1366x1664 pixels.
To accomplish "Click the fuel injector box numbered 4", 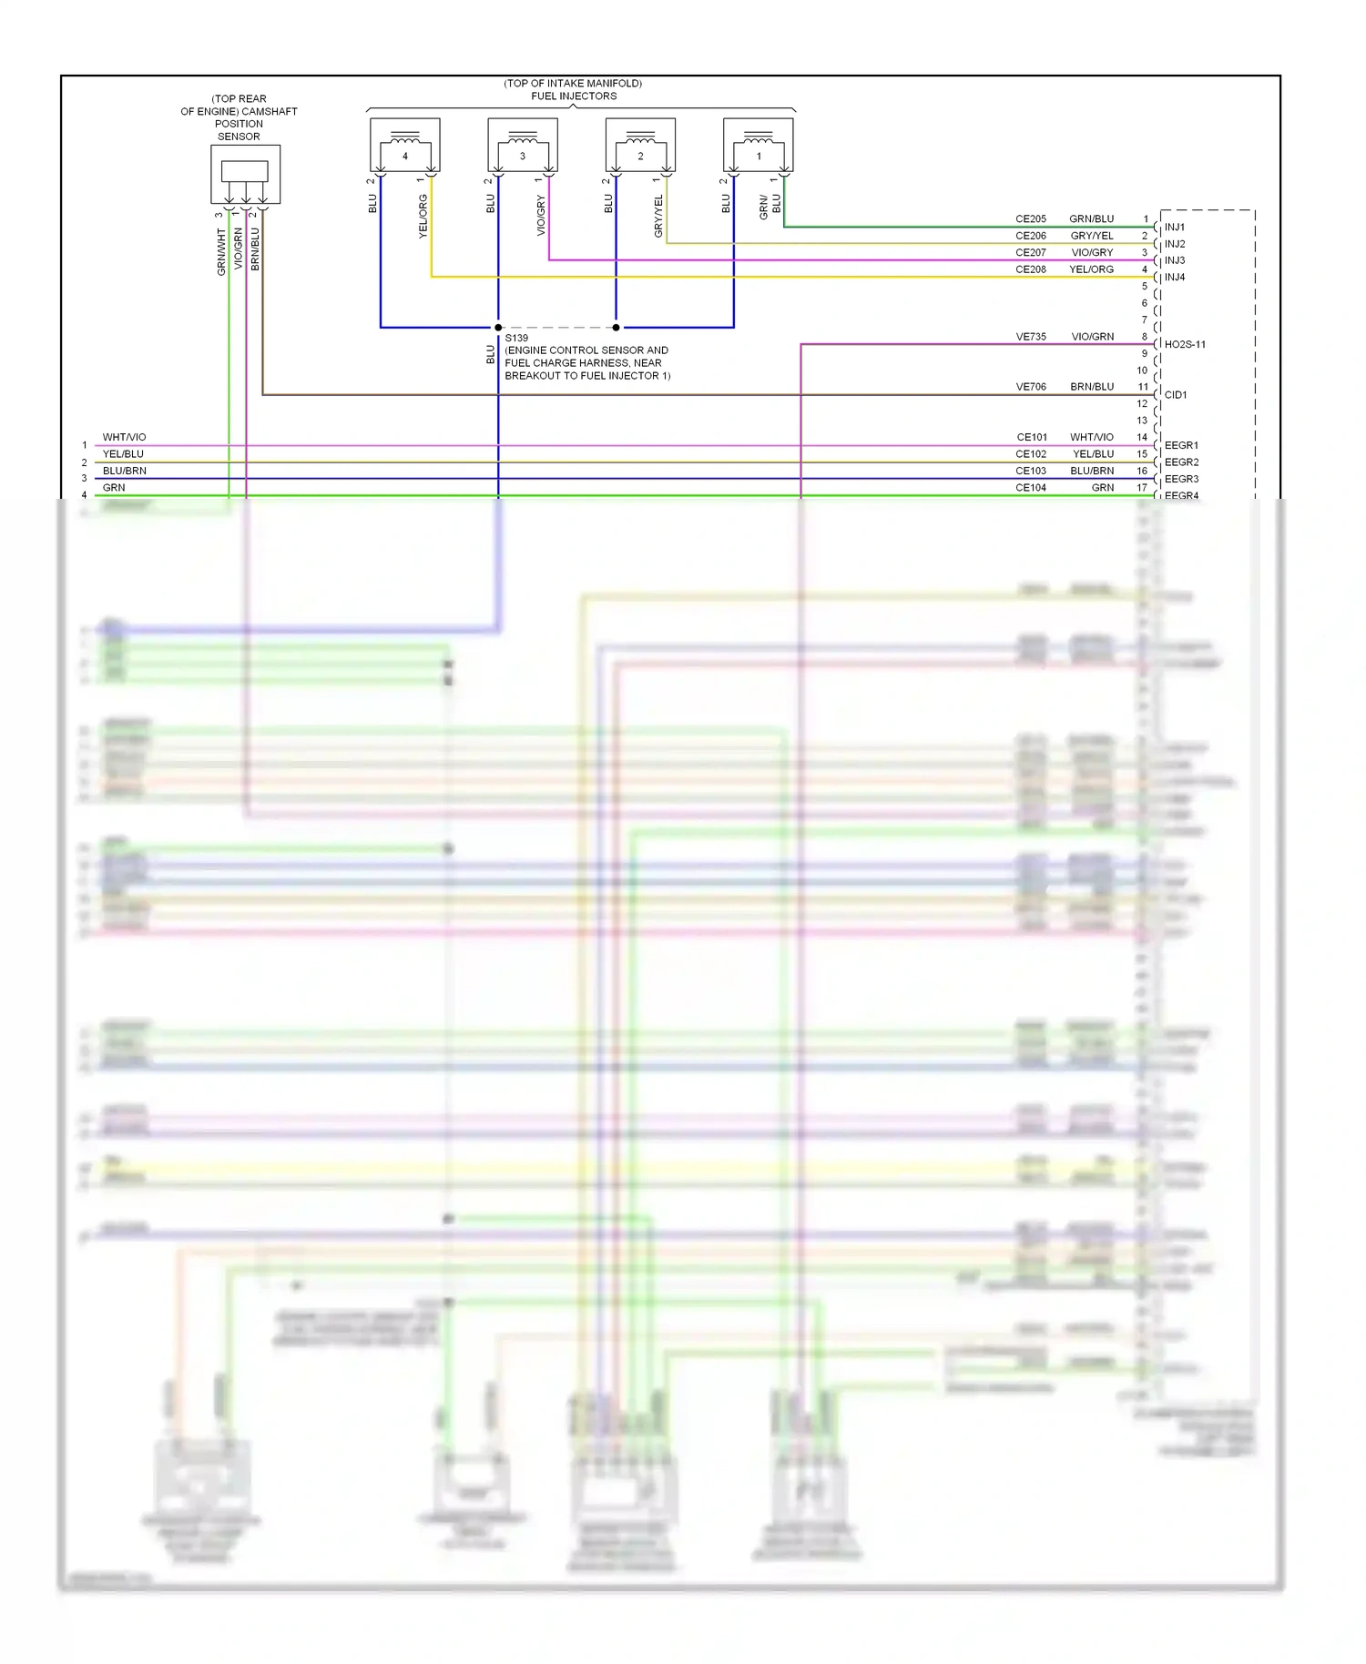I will point(405,145).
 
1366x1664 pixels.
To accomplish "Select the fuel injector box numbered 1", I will point(758,145).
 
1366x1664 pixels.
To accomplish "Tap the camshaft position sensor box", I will point(245,174).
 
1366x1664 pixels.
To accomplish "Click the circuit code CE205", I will point(1031,219).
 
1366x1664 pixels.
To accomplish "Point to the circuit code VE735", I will point(1031,337).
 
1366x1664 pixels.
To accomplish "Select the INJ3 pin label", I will point(1175,260).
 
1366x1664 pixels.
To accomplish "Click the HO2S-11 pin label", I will point(1184,344).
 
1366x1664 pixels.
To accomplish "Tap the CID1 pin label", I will point(1176,395).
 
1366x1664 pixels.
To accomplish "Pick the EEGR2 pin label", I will point(1181,462).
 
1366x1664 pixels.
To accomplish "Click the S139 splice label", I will point(516,338).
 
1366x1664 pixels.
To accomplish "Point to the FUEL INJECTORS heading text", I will point(574,96).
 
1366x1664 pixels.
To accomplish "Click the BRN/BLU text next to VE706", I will point(1092,387).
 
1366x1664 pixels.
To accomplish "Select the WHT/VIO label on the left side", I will point(124,438).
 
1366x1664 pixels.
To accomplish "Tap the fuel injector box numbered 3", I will point(523,145).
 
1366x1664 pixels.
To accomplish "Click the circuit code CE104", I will point(1031,488).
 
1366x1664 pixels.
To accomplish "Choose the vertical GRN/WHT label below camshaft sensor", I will point(221,252).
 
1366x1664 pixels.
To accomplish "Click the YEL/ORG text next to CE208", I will point(1091,269).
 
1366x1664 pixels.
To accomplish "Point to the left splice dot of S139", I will point(498,328).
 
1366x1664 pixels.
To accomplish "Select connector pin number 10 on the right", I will point(1142,370).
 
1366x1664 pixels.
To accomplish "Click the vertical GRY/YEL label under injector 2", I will point(658,217).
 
